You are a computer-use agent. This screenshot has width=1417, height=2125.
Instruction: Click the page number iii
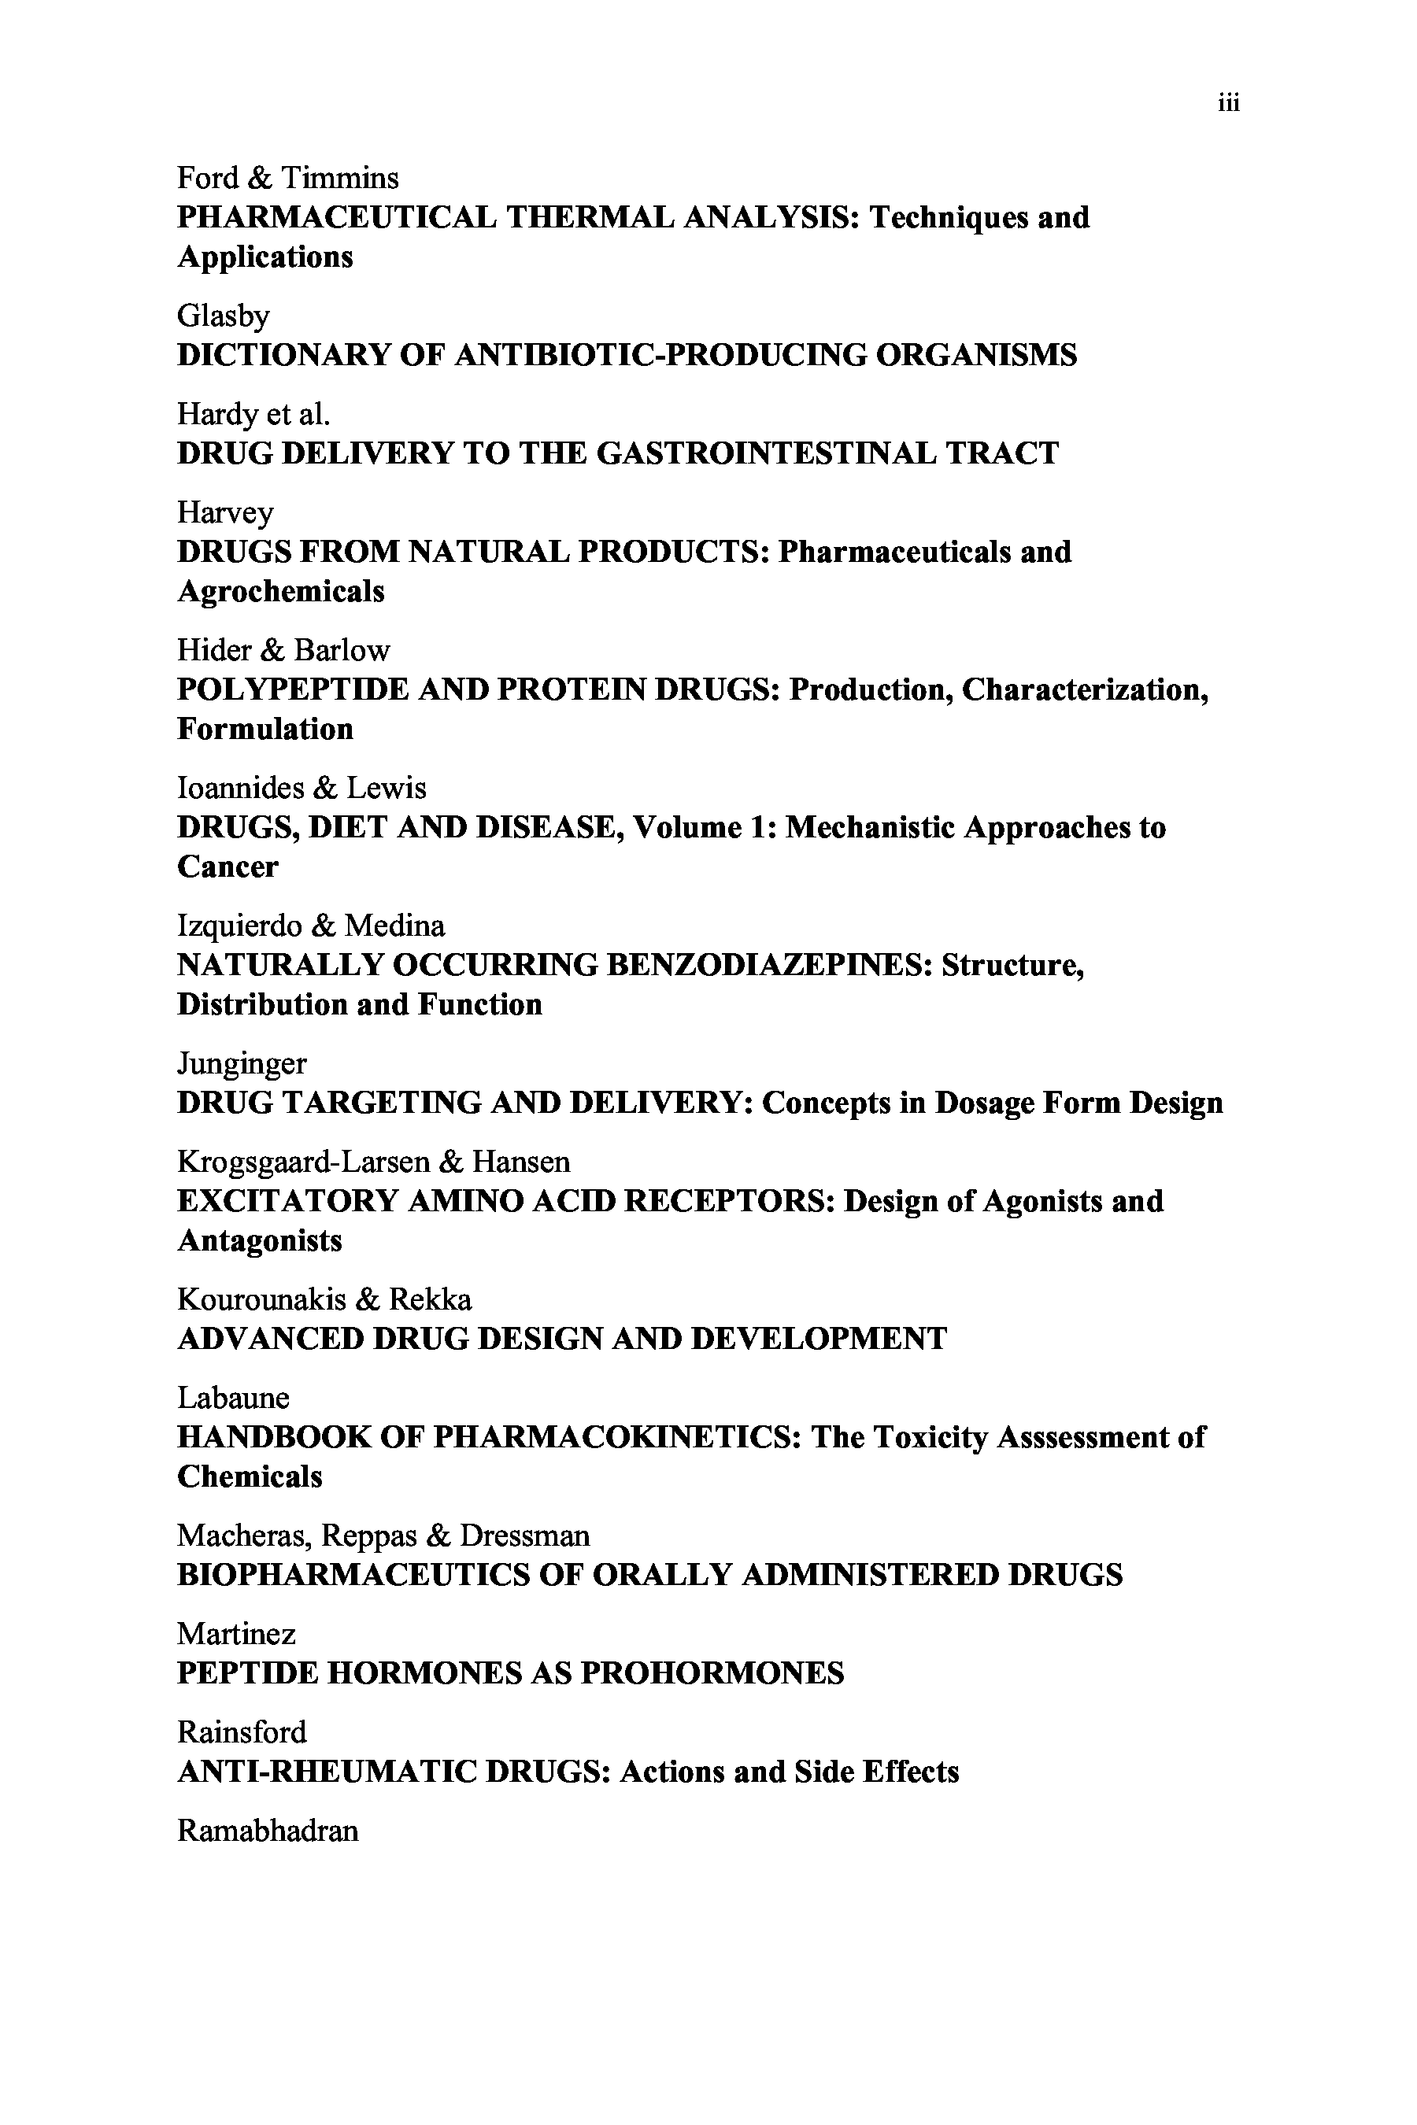1228,104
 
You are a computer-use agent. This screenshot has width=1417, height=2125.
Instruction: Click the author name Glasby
224,316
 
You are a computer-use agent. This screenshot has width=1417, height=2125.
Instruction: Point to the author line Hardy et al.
253,414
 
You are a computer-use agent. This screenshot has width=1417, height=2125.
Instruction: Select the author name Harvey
225,513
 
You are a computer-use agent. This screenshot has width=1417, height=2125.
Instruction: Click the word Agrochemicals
280,591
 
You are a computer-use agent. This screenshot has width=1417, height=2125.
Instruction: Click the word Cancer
228,867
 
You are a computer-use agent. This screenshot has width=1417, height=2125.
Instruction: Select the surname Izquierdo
239,926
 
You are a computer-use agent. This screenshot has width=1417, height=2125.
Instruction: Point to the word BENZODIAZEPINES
768,965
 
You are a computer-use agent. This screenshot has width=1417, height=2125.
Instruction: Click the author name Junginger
242,1064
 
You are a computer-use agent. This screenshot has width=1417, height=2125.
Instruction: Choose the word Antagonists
259,1240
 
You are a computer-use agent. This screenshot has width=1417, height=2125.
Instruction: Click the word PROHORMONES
712,1673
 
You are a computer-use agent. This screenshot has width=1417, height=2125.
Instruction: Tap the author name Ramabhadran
268,1831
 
